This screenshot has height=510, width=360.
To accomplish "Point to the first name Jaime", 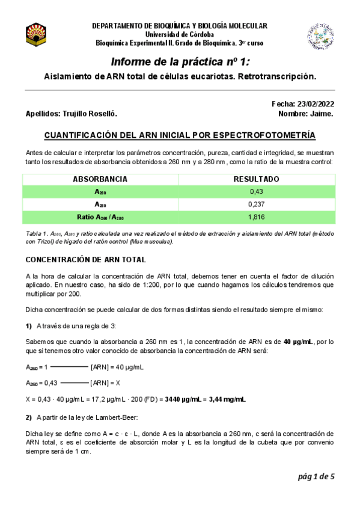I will (x=323, y=114).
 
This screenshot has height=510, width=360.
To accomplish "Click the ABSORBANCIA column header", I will (x=100, y=179).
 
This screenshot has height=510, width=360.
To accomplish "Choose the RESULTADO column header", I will (x=256, y=179).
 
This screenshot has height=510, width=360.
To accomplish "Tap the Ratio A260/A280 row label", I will (x=100, y=217).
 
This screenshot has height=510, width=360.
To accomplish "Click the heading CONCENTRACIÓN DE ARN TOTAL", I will (x=85, y=260).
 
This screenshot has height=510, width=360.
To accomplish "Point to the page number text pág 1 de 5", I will (x=315, y=477).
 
